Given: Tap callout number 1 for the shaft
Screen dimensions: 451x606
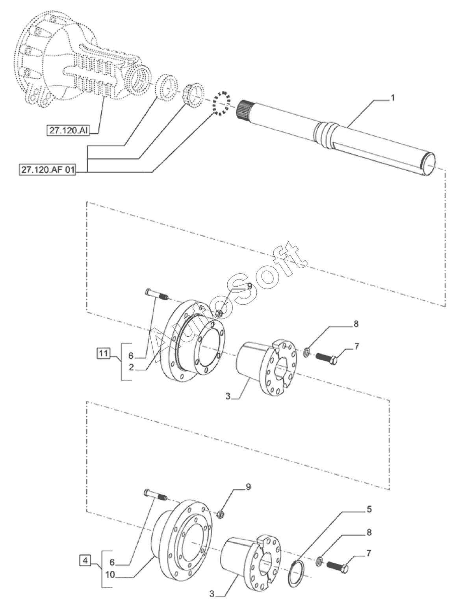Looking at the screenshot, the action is tap(392, 98).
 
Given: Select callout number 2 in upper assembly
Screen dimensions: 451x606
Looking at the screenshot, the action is tap(131, 367).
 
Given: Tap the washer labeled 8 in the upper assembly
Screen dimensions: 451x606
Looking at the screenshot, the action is tap(306, 352).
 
